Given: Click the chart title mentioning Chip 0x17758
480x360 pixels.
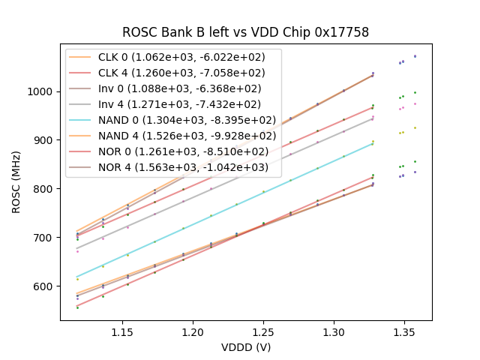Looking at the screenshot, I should point(245,32).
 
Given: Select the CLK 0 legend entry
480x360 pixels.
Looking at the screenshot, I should point(172,58).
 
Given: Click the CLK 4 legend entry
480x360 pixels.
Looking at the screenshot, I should point(172,73).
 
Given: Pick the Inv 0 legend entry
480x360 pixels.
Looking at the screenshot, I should point(172,88).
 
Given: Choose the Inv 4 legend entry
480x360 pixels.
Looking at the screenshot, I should point(172,104).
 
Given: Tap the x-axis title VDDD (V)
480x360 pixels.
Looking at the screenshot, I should point(245,347).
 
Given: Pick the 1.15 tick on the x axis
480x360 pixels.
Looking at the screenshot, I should point(123,331).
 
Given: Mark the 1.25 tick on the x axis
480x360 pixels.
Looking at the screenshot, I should point(263,331).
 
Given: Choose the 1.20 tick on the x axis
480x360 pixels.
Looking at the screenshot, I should point(193,331).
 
